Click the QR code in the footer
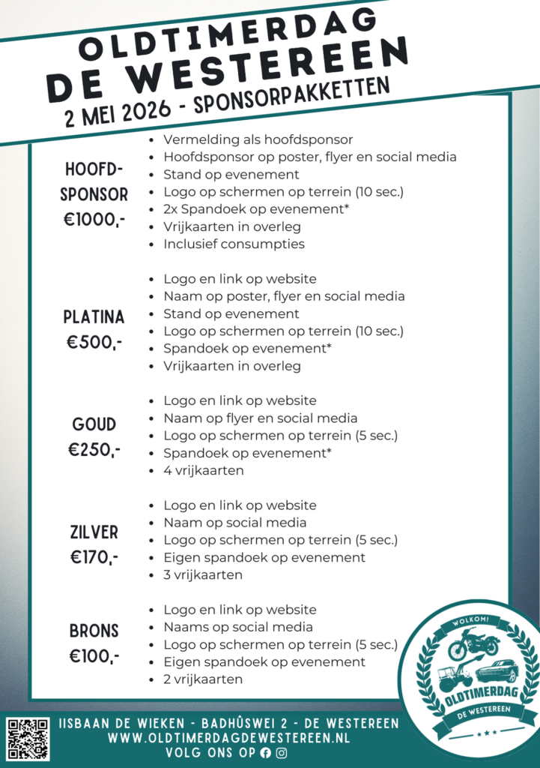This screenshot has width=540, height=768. pos(28,739)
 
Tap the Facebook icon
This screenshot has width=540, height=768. pos(265,753)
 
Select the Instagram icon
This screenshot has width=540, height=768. pos(282,753)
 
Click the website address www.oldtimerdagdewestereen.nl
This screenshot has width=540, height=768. pos(229,739)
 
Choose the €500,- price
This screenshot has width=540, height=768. pos(94,343)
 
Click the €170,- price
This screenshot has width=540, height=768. pos(94,557)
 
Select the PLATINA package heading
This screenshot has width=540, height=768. pos(94,317)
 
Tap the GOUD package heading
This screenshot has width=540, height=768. pos(94,424)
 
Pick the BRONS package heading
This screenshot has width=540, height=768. pos(94,631)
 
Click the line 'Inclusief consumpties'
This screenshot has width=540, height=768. pos(234,244)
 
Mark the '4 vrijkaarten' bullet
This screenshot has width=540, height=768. pos(203,471)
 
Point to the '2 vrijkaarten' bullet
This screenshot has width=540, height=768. pos(203,679)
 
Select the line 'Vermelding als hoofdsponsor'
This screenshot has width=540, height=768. pos(258,139)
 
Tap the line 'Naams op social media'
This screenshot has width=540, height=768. pos(238,627)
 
